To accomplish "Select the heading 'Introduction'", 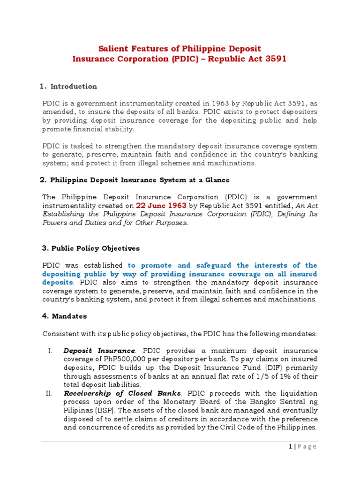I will point(74,86).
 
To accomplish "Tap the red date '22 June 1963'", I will point(161,206).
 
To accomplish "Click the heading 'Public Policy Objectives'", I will point(95,248).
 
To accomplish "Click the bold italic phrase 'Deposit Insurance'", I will point(99,351).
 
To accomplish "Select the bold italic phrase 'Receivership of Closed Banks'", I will point(121,393).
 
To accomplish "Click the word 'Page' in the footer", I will point(307,447).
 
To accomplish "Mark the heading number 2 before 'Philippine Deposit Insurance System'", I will point(43,180).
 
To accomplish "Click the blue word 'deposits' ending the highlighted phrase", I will point(58,283).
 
